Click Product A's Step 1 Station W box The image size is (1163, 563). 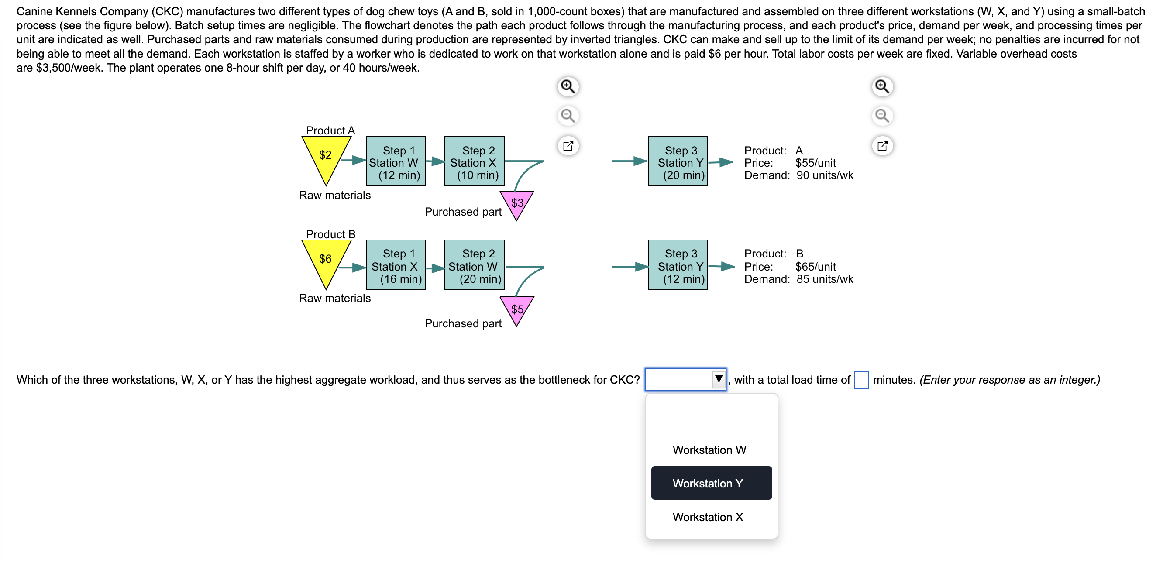pyautogui.click(x=396, y=161)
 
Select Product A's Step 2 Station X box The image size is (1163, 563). pyautogui.click(x=474, y=161)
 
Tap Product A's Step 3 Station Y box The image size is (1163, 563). pyautogui.click(x=677, y=161)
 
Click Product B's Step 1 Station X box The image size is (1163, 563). pyautogui.click(x=396, y=265)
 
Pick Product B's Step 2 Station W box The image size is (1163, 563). pyautogui.click(x=474, y=265)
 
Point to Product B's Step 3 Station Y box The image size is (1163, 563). pyautogui.click(x=677, y=265)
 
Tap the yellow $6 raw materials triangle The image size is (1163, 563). pyautogui.click(x=326, y=261)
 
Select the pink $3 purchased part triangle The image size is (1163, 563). pyautogui.click(x=517, y=203)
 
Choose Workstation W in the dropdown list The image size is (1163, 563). pyautogui.click(x=709, y=450)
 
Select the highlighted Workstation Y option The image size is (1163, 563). pyautogui.click(x=711, y=484)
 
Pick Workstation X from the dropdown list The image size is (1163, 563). pyautogui.click(x=708, y=518)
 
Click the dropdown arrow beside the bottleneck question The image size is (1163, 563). pyautogui.click(x=718, y=379)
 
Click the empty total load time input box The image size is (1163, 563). pyautogui.click(x=861, y=380)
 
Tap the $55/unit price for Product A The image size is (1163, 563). pyautogui.click(x=815, y=163)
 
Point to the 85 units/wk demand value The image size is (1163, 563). pyautogui.click(x=824, y=279)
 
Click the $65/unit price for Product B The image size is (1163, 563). pyautogui.click(x=815, y=267)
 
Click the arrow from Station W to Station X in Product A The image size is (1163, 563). pyautogui.click(x=435, y=161)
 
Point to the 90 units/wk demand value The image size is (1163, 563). pyautogui.click(x=824, y=175)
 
